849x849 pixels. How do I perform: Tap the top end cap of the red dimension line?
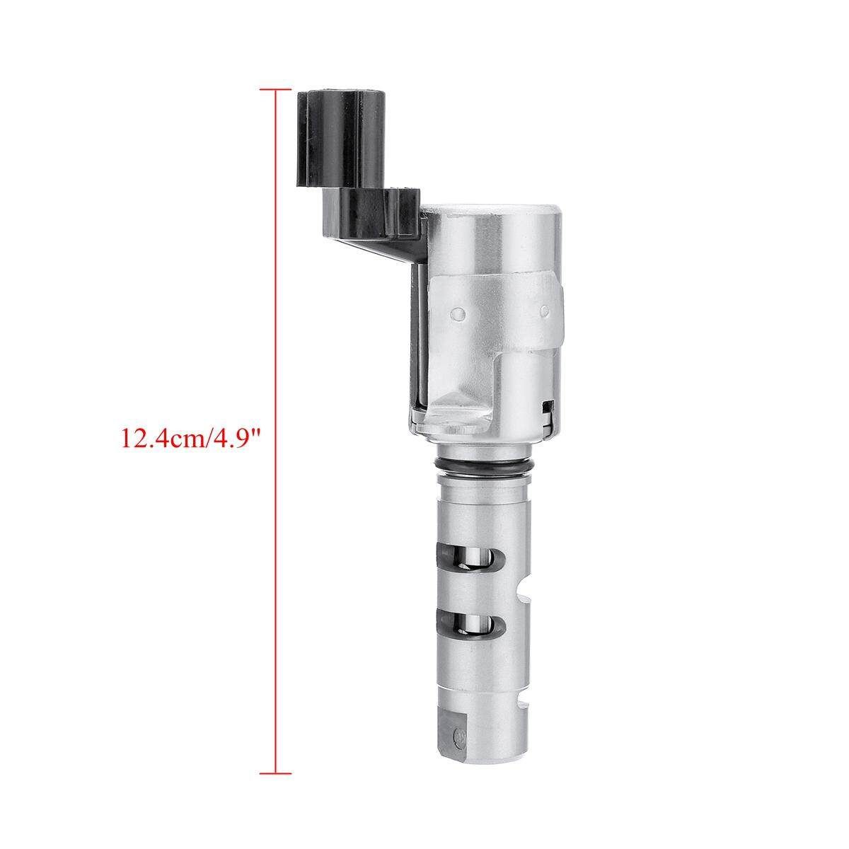[x=276, y=89]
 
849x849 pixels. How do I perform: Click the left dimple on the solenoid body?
[x=460, y=313]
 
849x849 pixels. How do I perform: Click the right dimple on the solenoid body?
[x=545, y=311]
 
